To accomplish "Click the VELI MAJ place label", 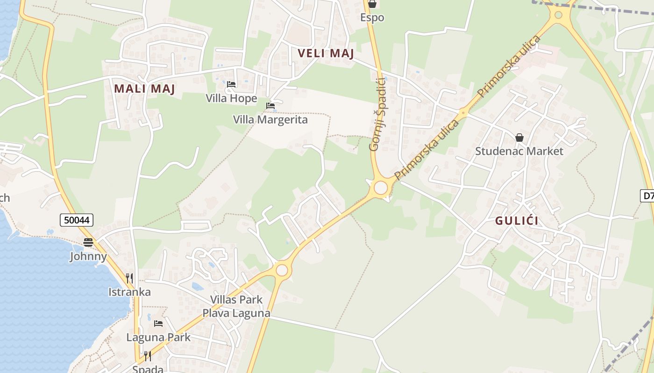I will point(326,53).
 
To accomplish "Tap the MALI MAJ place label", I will point(144,88).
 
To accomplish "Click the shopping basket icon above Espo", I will point(372,4).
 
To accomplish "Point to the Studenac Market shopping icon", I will point(519,138).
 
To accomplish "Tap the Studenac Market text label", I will point(519,151).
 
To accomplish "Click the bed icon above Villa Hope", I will point(231,84).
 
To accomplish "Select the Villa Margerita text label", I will point(270,120).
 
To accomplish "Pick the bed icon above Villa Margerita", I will point(270,106).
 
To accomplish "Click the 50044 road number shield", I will point(77,220).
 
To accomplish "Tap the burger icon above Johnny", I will point(88,242).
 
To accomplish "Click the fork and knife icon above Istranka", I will point(129,278).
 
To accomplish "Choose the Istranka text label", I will point(129,292).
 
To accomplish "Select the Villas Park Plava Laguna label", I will point(236,306).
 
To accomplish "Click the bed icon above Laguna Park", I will point(158,323).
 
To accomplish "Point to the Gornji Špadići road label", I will point(377,114).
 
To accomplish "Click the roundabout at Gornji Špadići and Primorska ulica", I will point(381,188).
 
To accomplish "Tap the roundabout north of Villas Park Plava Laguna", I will point(282,270).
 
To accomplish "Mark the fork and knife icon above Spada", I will point(148,357).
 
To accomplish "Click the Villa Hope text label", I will point(231,98).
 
